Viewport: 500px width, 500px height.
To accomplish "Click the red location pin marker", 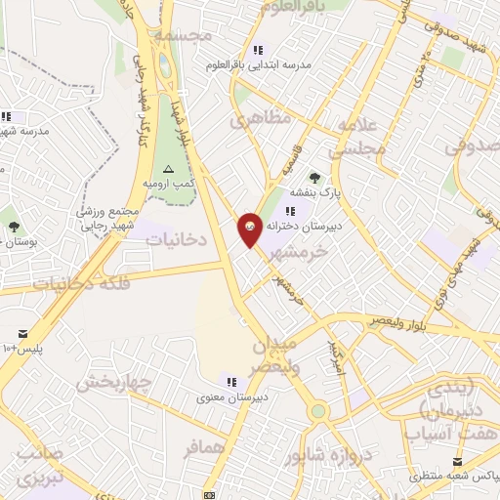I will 250,229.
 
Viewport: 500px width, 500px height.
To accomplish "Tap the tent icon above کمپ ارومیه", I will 169,169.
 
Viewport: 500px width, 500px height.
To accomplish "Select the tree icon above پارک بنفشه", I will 314,177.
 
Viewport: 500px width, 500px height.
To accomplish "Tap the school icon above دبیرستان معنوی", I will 231,381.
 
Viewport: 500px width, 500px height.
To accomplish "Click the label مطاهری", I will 260,120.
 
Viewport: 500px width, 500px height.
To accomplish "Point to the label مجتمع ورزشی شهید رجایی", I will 109,219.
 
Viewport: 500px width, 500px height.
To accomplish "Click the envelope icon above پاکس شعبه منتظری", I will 455,461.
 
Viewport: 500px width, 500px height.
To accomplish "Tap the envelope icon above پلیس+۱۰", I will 22,333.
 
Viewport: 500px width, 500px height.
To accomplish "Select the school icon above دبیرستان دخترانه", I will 290,211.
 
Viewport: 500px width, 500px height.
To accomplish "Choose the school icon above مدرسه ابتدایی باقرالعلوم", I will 258,50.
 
